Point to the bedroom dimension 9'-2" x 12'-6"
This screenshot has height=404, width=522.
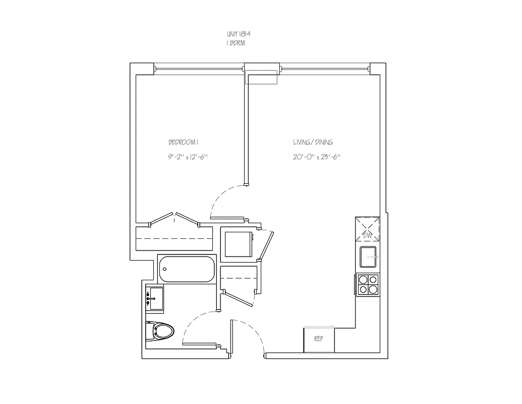tap(188, 157)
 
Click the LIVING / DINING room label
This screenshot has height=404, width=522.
tap(313, 142)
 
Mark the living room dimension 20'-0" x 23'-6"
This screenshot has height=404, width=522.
tap(316, 157)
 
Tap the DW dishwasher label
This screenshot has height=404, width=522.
tap(368, 236)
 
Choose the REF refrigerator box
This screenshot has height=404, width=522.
tap(319, 339)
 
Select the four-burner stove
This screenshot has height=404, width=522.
tap(368, 284)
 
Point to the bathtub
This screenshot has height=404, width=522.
tap(187, 269)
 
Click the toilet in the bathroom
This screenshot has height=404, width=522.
tap(161, 331)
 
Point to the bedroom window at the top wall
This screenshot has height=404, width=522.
tap(199, 68)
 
